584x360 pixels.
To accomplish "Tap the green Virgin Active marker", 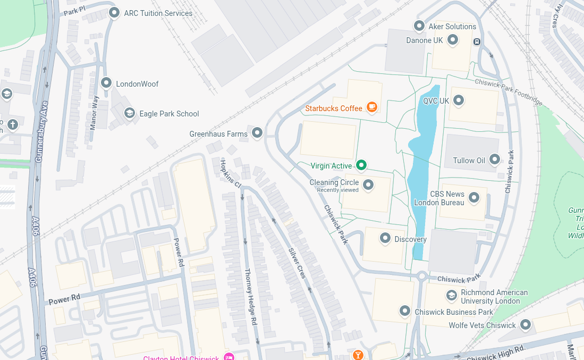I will pyautogui.click(x=361, y=165).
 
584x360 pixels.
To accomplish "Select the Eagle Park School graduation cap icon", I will pyautogui.click(x=129, y=113).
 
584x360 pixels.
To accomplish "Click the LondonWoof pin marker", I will pyautogui.click(x=106, y=83).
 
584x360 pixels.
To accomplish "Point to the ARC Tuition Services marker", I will pyautogui.click(x=114, y=12).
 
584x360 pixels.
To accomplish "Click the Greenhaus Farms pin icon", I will pyautogui.click(x=257, y=132).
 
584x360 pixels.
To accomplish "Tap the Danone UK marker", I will pyautogui.click(x=453, y=39).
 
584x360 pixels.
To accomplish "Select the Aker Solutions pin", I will pyautogui.click(x=419, y=26).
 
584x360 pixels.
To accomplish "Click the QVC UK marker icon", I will pyautogui.click(x=459, y=100).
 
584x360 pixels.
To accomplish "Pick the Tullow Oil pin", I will pyautogui.click(x=495, y=159).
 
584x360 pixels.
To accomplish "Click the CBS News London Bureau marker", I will pyautogui.click(x=474, y=198).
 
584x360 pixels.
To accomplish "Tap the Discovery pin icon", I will pyautogui.click(x=385, y=238).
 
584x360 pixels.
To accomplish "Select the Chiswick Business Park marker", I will pyautogui.click(x=405, y=311).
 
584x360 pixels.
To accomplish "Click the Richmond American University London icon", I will pyautogui.click(x=451, y=295).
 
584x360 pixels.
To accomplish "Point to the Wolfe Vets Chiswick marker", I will pyautogui.click(x=526, y=324).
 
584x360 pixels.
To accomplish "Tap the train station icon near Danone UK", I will pyautogui.click(x=477, y=41).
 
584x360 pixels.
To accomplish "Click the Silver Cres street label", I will pyautogui.click(x=298, y=264).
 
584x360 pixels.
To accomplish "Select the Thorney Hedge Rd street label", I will pyautogui.click(x=251, y=297).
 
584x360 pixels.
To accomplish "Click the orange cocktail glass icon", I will pyautogui.click(x=358, y=355).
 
